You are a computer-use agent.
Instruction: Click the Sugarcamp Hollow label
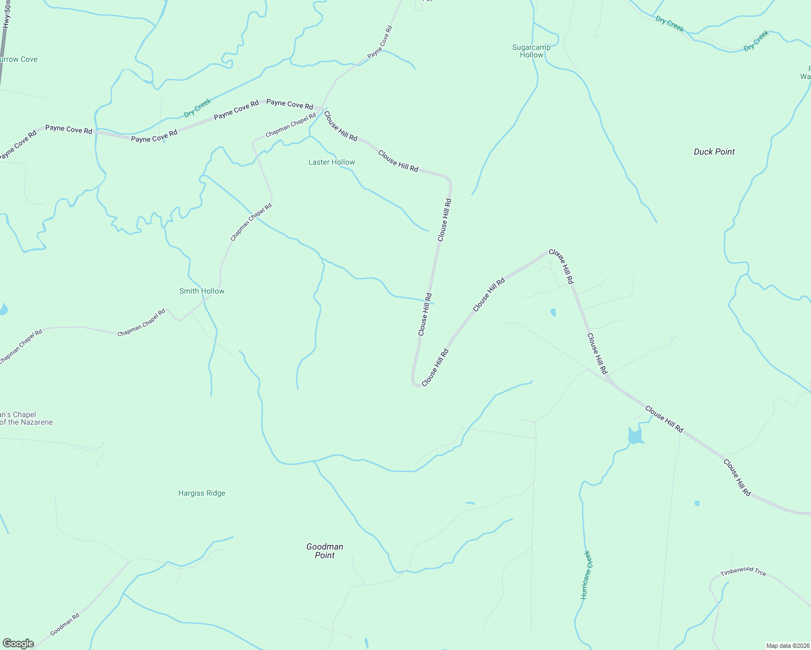pyautogui.click(x=531, y=51)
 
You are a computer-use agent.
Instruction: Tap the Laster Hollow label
pyautogui.click(x=331, y=162)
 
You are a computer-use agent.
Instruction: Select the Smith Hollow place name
pyautogui.click(x=202, y=291)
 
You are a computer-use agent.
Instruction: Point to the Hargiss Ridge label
pyautogui.click(x=202, y=493)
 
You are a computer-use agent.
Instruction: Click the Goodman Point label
pyautogui.click(x=325, y=551)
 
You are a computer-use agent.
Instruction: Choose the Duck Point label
pyautogui.click(x=714, y=152)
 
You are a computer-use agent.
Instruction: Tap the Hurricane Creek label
pyautogui.click(x=585, y=575)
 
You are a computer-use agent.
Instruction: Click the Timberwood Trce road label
pyautogui.click(x=743, y=571)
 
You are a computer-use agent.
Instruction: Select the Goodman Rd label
pyautogui.click(x=65, y=624)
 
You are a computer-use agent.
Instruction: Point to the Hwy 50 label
pyautogui.click(x=7, y=16)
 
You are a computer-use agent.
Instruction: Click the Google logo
pyautogui.click(x=18, y=643)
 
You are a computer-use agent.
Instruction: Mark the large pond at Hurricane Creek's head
pyautogui.click(x=635, y=435)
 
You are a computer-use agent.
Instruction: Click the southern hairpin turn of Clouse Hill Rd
pyautogui.click(x=416, y=384)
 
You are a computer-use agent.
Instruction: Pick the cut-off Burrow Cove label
pyautogui.click(x=19, y=60)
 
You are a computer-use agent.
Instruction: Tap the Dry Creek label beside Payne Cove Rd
pyautogui.click(x=197, y=108)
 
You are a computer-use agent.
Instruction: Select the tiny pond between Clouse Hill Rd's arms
pyautogui.click(x=553, y=313)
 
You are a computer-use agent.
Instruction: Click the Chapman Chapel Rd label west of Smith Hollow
pyautogui.click(x=141, y=323)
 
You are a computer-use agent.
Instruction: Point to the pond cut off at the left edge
pyautogui.click(x=3, y=309)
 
